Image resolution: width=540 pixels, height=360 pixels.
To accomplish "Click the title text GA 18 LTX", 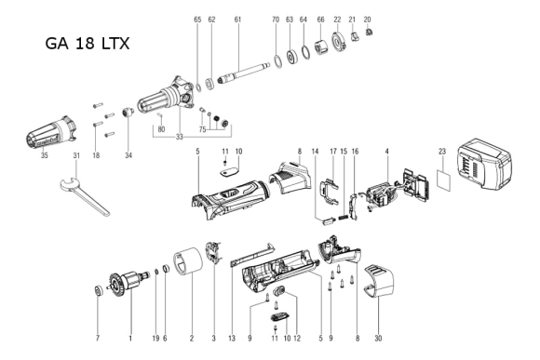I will (x=87, y=44).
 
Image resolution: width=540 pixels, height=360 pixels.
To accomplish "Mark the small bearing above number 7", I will (x=97, y=294).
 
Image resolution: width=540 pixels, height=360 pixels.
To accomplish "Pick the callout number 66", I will (x=320, y=19).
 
